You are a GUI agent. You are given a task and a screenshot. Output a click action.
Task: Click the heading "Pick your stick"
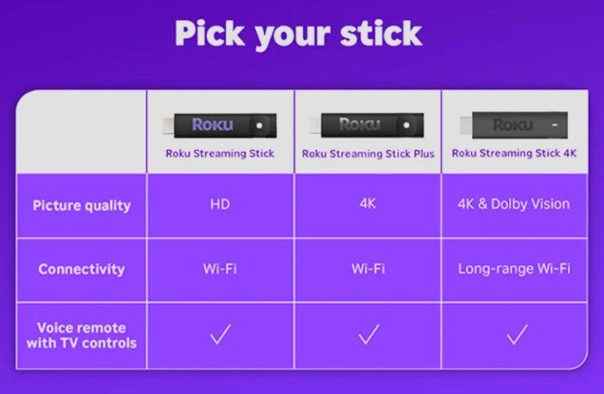[x=298, y=34]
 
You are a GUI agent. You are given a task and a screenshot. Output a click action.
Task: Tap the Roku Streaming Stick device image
[x=221, y=124]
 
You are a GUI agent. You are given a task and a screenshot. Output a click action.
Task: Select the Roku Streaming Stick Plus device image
[x=368, y=124]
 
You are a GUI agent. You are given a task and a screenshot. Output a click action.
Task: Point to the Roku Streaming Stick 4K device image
[x=514, y=124]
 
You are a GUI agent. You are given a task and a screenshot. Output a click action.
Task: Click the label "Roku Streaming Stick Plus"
[x=368, y=153]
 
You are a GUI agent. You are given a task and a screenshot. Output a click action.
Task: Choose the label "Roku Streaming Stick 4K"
[x=514, y=153]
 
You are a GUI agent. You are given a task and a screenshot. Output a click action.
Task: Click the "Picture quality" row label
[x=81, y=205]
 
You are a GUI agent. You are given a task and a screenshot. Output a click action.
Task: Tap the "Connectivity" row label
[x=81, y=269]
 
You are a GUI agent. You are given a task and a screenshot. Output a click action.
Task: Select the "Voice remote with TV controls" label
[x=81, y=335]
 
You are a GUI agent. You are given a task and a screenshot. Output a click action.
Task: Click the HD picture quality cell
[x=220, y=204]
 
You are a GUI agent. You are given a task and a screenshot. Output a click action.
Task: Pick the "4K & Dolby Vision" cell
[x=514, y=204]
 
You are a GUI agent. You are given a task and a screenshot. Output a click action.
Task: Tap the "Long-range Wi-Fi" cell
[x=514, y=269]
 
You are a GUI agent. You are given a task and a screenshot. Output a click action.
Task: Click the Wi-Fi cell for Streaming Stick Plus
[x=368, y=269]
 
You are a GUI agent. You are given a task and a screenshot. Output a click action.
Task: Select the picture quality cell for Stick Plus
[x=368, y=204]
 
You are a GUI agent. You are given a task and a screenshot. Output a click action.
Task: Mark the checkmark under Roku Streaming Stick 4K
[x=516, y=335]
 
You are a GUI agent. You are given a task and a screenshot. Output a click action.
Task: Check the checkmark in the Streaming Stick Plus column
[x=368, y=335]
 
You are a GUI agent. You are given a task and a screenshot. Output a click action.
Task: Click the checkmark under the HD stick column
[x=220, y=335]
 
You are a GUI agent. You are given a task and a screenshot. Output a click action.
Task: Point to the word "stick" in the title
[x=376, y=34]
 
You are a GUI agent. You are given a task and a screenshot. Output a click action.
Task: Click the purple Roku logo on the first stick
[x=212, y=124]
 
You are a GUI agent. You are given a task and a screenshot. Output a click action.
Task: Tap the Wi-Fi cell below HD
[x=220, y=269]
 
